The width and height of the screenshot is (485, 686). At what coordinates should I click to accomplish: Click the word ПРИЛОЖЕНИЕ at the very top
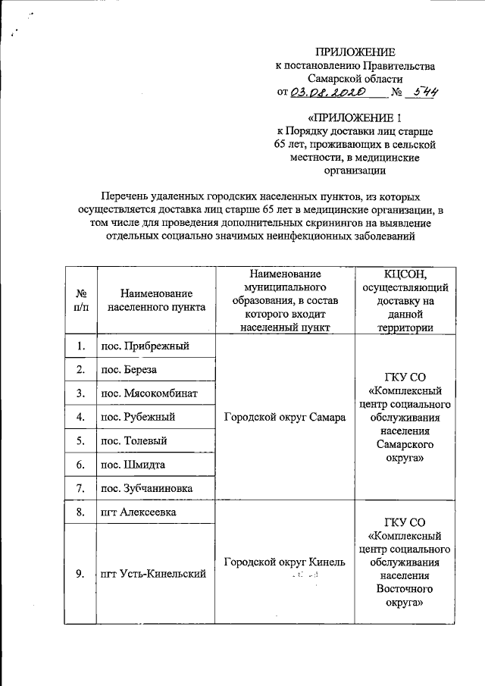click(x=355, y=52)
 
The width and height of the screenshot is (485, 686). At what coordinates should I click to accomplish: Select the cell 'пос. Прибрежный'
click(x=144, y=346)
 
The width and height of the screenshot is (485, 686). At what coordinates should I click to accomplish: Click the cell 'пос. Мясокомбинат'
click(x=150, y=393)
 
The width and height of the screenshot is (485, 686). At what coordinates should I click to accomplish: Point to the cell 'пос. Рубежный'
click(x=138, y=417)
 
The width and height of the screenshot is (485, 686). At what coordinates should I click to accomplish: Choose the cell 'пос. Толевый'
click(x=134, y=440)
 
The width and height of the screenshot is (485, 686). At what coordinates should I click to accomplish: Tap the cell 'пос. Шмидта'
click(x=133, y=464)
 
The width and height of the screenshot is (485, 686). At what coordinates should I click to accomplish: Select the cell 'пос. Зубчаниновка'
click(x=147, y=488)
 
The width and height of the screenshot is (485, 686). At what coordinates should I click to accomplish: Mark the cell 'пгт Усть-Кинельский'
click(x=154, y=574)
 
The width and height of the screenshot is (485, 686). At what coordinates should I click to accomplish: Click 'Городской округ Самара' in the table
click(x=286, y=417)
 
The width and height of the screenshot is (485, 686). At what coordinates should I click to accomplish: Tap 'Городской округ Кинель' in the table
click(x=286, y=562)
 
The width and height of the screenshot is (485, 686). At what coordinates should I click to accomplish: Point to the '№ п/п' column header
click(x=80, y=301)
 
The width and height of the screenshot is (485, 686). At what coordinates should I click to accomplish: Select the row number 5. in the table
click(x=80, y=440)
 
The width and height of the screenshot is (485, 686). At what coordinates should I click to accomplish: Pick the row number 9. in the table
click(x=80, y=574)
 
